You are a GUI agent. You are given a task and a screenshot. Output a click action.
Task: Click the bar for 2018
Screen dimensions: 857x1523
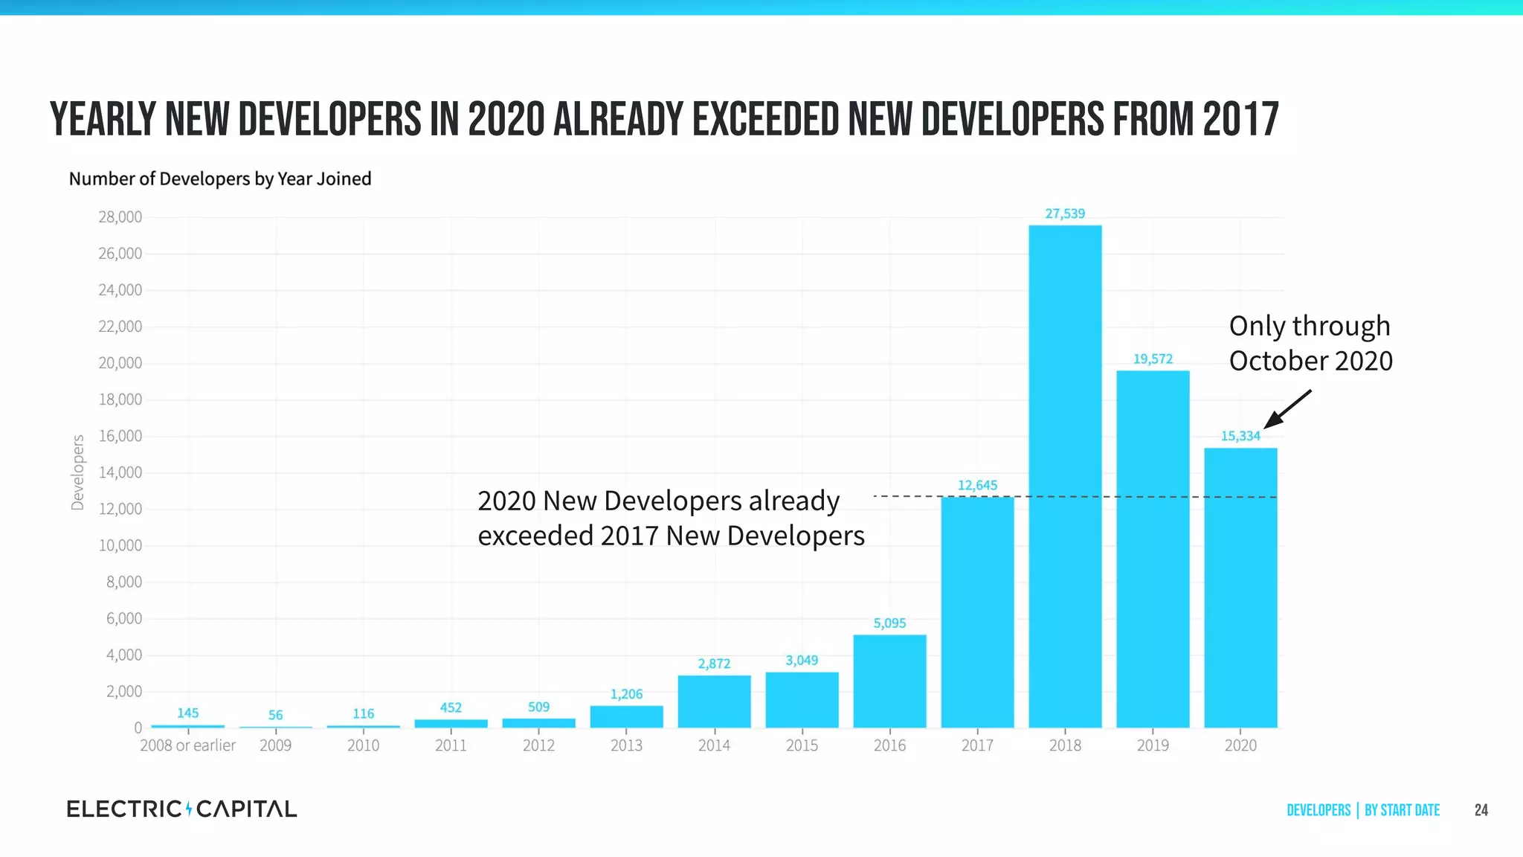pos(1065,476)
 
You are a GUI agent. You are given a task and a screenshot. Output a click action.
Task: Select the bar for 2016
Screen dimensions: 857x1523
pos(889,681)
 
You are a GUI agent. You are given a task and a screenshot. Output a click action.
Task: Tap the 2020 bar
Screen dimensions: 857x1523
pos(1240,588)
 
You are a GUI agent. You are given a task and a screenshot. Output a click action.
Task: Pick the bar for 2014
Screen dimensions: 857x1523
pos(714,702)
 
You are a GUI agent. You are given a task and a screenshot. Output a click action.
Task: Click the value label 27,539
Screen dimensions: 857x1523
pos(1065,214)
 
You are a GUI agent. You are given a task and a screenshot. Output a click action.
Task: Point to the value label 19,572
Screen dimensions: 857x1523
pos(1153,359)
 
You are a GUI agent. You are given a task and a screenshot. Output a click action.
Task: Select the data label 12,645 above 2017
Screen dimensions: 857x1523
pos(977,485)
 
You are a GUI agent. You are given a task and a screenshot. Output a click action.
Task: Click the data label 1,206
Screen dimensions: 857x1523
pos(626,694)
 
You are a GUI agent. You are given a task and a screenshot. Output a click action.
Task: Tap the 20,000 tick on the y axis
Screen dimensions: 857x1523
pos(120,363)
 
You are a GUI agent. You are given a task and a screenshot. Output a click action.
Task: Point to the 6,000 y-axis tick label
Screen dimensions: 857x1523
pos(123,618)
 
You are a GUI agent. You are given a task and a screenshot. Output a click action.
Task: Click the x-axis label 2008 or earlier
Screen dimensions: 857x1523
pos(187,745)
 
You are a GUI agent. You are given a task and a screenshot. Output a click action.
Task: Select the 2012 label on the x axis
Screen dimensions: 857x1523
pos(538,745)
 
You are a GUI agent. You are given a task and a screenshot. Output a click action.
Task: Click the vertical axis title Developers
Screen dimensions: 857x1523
pos(77,472)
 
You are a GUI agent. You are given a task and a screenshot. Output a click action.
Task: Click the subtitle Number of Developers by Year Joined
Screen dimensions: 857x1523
pos(220,179)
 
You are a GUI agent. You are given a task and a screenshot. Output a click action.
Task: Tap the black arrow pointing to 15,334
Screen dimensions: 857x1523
pos(1288,409)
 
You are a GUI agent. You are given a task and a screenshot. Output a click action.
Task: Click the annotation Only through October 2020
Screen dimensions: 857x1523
pos(1310,343)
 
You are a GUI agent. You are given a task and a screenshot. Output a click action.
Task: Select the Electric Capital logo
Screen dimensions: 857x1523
pos(181,809)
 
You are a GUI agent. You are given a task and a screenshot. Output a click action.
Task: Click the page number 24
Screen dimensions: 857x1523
pos(1481,810)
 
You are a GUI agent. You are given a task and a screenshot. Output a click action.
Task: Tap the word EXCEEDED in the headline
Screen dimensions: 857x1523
pos(766,119)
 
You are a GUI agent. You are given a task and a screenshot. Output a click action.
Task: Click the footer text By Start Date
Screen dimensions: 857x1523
pos(1402,810)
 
